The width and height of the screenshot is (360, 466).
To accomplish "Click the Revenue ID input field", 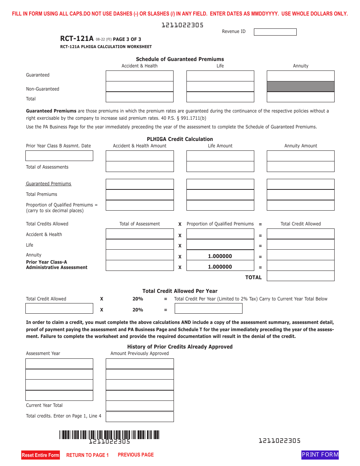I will click(x=275, y=32).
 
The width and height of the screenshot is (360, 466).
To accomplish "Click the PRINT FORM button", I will click(x=320, y=455).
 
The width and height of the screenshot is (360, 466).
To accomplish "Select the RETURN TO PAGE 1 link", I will click(x=88, y=455).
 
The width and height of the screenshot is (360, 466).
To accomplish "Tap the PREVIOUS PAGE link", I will click(x=136, y=455).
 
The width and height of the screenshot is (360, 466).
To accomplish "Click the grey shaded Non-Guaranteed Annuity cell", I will click(x=301, y=86).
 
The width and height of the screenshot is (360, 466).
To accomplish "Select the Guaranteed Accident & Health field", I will click(x=139, y=76).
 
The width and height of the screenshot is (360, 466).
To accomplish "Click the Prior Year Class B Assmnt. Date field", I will click(x=59, y=156).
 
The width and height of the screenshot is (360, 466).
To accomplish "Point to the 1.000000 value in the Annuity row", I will click(x=220, y=256).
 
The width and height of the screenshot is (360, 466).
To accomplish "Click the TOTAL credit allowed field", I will click(x=301, y=276).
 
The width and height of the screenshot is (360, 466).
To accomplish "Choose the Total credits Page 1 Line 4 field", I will click(x=139, y=416).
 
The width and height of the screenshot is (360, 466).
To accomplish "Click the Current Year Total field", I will click(x=139, y=406).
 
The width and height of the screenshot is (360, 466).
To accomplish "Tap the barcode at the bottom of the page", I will click(x=109, y=435).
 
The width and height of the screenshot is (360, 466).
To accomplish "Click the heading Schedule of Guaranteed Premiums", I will click(x=180, y=59).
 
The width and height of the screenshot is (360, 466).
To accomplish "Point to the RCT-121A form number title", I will click(x=77, y=39).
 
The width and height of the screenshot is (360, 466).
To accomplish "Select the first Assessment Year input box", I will click(x=59, y=364).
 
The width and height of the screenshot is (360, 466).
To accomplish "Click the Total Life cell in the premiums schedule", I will click(x=220, y=97).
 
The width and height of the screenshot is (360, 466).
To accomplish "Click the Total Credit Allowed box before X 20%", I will click(x=59, y=308).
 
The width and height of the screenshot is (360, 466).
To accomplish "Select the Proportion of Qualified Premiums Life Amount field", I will click(x=220, y=205).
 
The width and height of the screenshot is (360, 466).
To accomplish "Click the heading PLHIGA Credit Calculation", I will click(x=180, y=139).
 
